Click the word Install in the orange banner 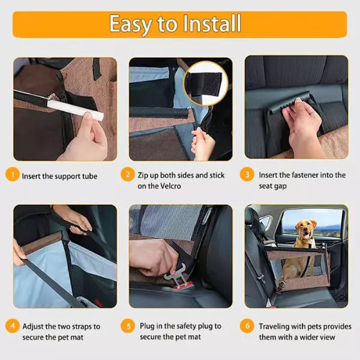pos(212,23)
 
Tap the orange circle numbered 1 pos(13,175)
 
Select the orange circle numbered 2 pos(127,175)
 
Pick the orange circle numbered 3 pos(247,175)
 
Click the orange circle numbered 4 pos(13,326)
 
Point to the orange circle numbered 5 pos(128,326)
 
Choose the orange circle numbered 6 pos(247,326)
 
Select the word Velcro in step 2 pos(170,186)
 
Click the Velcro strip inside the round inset pos(205,84)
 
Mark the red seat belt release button pos(182,286)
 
